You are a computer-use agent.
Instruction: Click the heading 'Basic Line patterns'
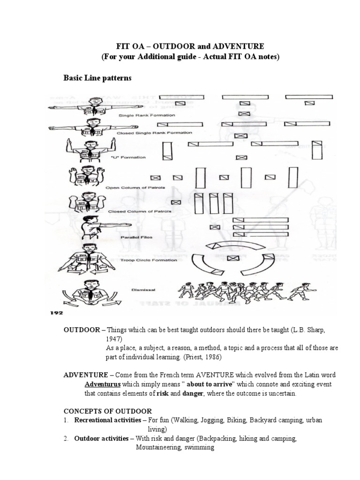click(x=97, y=78)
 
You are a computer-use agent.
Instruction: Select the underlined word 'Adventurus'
click(x=99, y=384)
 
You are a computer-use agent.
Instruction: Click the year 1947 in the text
click(x=113, y=338)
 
